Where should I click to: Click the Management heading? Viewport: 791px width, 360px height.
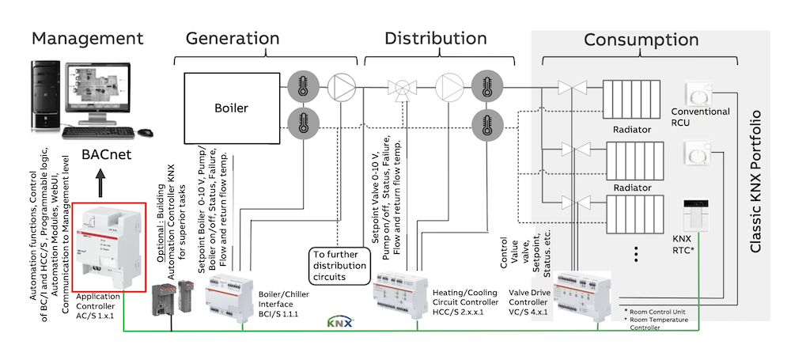tap(87, 38)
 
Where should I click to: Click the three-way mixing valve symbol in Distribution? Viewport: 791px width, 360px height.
tap(401, 89)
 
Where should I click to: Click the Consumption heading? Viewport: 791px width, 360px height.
tap(641, 40)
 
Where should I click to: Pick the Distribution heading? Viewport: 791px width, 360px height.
tap(436, 38)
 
